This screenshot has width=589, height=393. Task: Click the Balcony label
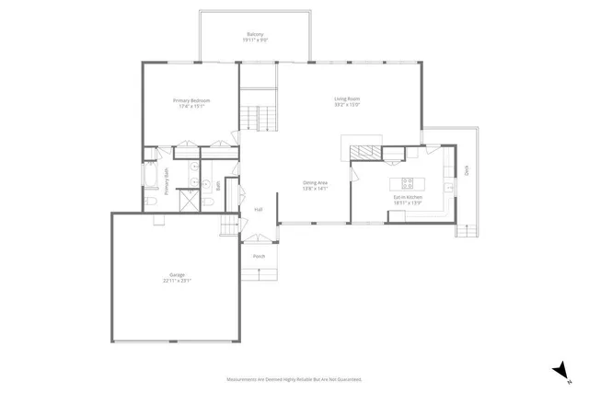[x=255, y=37]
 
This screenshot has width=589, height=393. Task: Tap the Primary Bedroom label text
[x=191, y=102]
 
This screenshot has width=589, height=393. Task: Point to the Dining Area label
[x=316, y=185]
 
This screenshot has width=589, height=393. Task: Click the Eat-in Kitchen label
[x=408, y=200]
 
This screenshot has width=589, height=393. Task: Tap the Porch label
[x=259, y=256]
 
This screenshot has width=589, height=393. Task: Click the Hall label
[x=259, y=210]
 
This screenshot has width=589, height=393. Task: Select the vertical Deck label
[x=467, y=169]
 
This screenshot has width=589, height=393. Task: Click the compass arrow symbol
[x=559, y=369]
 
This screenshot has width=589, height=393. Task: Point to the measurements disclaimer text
[x=294, y=379]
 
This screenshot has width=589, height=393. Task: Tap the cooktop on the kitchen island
[x=407, y=180]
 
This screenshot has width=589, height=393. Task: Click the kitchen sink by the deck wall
[x=448, y=188]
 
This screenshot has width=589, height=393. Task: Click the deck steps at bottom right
[x=467, y=231]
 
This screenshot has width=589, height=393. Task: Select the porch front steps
[x=259, y=273]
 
